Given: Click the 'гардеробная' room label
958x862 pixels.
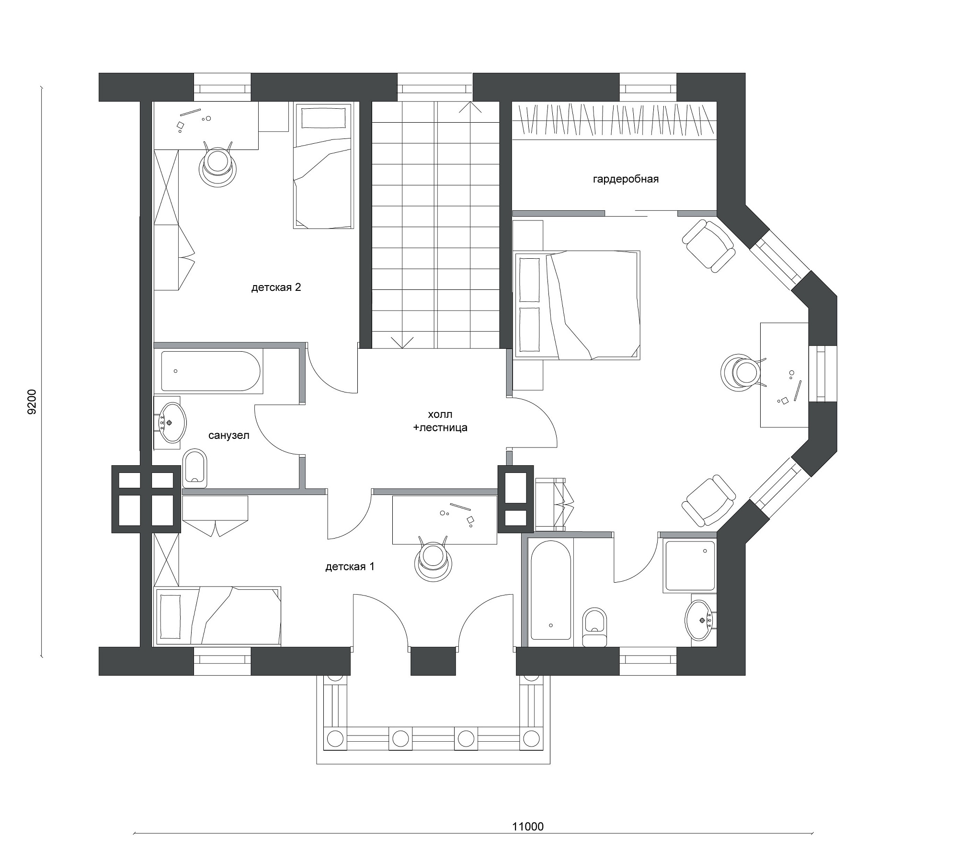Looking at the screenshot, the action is click(x=626, y=179).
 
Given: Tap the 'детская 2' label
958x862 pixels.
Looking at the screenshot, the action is click(x=276, y=287).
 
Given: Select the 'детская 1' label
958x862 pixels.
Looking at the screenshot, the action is click(x=350, y=567).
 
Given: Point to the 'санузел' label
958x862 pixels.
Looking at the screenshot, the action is click(x=229, y=436).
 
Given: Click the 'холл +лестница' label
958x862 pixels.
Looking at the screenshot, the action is click(x=440, y=421).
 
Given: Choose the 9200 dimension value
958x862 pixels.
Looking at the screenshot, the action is click(x=32, y=402).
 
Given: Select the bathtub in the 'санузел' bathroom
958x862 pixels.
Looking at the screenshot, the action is click(x=211, y=371).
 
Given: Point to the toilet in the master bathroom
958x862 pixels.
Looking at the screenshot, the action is click(x=594, y=627).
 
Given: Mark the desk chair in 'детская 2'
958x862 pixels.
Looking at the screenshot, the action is click(x=218, y=164).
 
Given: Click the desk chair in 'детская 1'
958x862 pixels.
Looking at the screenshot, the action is click(x=433, y=558).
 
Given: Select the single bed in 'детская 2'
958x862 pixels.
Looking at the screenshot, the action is click(x=323, y=167).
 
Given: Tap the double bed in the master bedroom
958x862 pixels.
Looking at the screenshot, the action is click(x=577, y=305).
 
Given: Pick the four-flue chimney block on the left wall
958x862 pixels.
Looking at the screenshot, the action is click(x=146, y=499).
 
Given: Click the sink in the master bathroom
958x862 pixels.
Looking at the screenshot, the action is click(x=700, y=620).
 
